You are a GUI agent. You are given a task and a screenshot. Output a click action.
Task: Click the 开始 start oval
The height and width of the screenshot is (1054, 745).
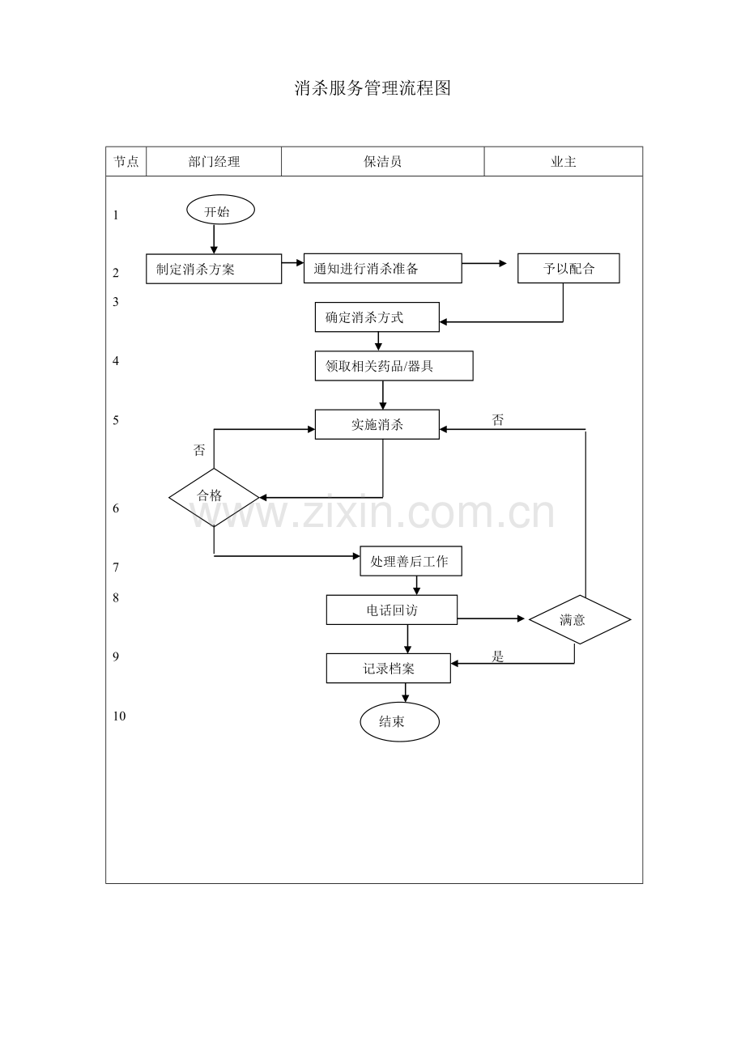[220, 210]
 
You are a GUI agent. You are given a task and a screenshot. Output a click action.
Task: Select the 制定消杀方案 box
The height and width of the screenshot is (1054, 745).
[214, 269]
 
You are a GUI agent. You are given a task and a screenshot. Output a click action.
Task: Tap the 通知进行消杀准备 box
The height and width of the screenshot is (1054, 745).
[382, 268]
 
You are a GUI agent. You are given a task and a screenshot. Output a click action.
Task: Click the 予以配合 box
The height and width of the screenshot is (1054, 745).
[568, 268]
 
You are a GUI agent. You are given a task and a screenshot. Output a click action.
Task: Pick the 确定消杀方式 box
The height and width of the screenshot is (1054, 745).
[377, 317]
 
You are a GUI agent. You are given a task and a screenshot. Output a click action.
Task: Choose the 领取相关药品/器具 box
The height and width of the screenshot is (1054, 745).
[394, 366]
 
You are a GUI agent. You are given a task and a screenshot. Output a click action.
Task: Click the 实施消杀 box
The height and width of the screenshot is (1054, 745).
[377, 424]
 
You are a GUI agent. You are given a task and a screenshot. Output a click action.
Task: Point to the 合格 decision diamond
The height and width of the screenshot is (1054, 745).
[214, 497]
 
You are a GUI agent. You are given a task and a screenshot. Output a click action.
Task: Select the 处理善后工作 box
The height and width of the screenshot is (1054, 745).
[411, 561]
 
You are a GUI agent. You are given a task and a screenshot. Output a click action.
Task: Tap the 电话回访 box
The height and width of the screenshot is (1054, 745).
[392, 610]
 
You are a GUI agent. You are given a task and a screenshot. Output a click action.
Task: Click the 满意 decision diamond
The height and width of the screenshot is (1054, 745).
[580, 620]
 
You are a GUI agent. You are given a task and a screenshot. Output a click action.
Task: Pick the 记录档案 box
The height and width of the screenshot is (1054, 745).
[388, 668]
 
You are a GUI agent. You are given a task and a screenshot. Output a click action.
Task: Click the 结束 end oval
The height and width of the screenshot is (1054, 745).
[399, 722]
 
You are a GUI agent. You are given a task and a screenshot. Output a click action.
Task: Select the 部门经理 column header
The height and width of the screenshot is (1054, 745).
[214, 162]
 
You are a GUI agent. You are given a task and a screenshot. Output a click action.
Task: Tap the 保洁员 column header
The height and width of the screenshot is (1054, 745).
[382, 162]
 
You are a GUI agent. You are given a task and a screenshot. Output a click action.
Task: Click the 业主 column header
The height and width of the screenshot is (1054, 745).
[564, 162]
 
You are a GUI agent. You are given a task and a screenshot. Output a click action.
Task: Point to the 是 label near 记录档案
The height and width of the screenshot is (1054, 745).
[497, 657]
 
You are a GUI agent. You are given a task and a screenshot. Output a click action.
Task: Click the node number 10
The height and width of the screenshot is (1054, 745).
[119, 716]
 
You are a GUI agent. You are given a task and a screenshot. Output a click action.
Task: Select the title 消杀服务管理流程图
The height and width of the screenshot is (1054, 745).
[372, 88]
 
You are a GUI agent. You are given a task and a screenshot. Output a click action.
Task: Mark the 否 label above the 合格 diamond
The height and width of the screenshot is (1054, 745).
[199, 450]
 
